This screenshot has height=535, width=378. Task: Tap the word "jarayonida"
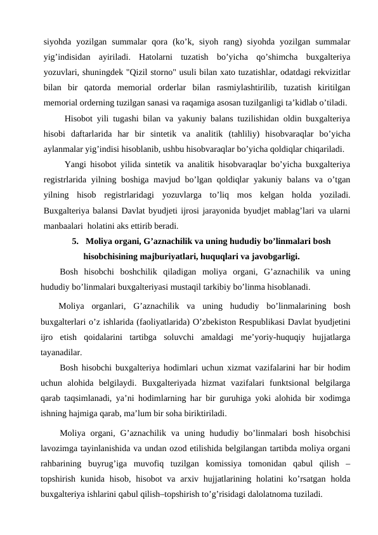coord(231,210)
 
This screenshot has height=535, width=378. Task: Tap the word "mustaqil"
coord(191,285)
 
